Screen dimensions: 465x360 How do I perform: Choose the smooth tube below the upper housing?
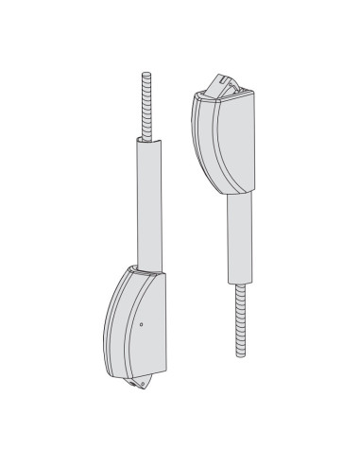click(x=240, y=236)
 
